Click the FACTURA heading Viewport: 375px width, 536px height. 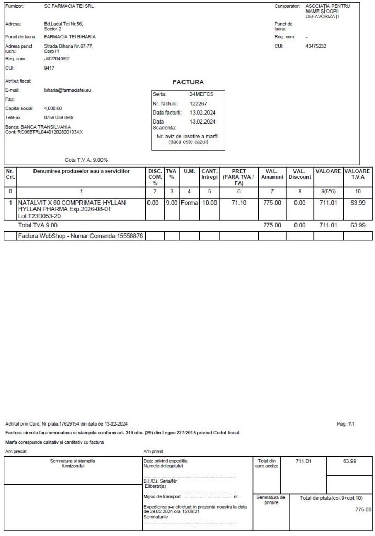[x=188, y=82]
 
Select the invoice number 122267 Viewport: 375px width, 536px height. [x=199, y=104]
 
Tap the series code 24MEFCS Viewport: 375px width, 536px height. [x=201, y=94]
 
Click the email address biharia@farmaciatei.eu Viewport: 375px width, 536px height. [x=68, y=90]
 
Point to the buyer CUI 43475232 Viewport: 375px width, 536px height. [x=316, y=46]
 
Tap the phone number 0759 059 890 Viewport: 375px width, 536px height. [x=59, y=117]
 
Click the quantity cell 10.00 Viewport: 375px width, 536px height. [x=210, y=203]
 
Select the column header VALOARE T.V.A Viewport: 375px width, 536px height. [x=358, y=174]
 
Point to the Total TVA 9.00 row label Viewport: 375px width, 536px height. [x=38, y=225]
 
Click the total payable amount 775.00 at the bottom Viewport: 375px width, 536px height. [x=363, y=509]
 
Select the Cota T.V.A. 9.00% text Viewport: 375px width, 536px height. [x=86, y=160]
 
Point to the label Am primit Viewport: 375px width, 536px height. [x=153, y=451]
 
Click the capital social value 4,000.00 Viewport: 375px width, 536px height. [x=53, y=108]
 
